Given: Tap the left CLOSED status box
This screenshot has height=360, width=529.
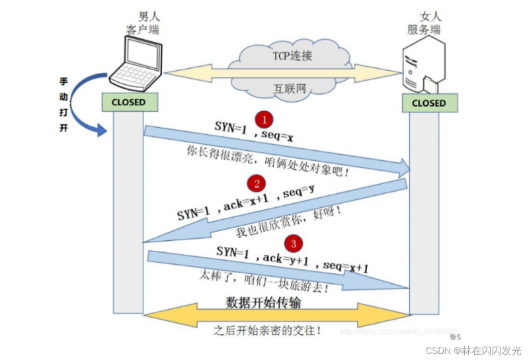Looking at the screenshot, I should (x=128, y=103).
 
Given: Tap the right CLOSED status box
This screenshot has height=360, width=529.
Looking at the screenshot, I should (x=428, y=103).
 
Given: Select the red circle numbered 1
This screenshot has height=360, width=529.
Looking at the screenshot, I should (x=264, y=120).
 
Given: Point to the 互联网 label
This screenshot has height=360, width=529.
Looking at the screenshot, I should (x=290, y=88).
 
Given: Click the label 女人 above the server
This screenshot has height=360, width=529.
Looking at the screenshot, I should (x=430, y=17).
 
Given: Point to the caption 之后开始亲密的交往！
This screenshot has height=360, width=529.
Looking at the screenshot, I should (x=268, y=329).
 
